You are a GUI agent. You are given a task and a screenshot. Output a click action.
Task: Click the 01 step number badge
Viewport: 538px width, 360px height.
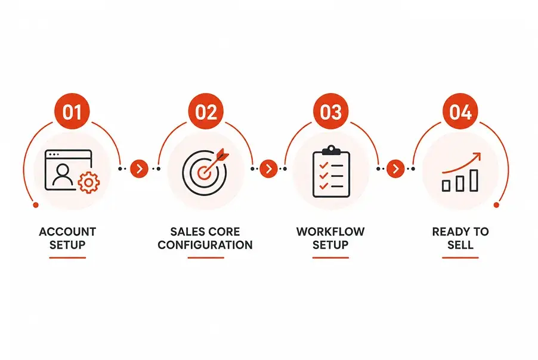click(x=72, y=111)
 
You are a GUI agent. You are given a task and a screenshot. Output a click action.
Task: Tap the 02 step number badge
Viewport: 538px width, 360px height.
click(x=206, y=111)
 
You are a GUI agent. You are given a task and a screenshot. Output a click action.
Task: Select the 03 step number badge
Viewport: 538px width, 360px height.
click(x=331, y=111)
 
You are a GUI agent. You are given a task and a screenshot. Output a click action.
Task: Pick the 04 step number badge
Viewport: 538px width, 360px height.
click(x=460, y=111)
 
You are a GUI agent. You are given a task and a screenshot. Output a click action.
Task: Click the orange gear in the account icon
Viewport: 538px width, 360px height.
click(x=89, y=182)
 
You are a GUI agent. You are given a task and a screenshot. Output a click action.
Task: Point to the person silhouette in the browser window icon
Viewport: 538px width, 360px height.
click(x=63, y=175)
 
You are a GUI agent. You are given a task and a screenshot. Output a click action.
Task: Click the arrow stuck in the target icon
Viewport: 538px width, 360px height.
click(x=215, y=163)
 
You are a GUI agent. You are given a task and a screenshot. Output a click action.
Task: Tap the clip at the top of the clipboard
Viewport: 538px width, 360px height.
click(x=331, y=150)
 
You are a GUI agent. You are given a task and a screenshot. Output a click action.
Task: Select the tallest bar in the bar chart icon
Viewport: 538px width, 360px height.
click(x=474, y=181)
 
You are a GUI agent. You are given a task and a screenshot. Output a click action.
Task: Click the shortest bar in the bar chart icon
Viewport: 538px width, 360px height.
click(x=446, y=186)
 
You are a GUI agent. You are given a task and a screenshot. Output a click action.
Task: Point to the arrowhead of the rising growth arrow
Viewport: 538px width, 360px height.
click(x=477, y=157)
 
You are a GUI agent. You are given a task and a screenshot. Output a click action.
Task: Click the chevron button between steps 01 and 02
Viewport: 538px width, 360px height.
click(x=140, y=169)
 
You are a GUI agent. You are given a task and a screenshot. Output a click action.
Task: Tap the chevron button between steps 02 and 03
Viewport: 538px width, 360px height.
click(x=268, y=169)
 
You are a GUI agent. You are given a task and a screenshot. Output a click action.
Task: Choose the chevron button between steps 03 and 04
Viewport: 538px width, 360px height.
click(x=395, y=169)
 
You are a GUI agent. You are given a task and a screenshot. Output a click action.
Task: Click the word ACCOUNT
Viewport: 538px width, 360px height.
click(x=67, y=232)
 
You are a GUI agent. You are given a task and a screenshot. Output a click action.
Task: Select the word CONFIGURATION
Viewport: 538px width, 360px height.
click(x=205, y=245)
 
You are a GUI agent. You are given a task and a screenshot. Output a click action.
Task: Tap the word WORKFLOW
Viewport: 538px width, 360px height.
click(x=330, y=232)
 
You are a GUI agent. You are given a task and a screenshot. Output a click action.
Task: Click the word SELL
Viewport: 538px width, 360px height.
click(x=460, y=245)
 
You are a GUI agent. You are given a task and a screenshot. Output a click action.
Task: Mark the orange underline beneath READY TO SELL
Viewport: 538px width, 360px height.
click(x=460, y=258)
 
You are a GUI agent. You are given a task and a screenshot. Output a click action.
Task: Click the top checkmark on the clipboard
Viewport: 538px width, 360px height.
click(x=323, y=165)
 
